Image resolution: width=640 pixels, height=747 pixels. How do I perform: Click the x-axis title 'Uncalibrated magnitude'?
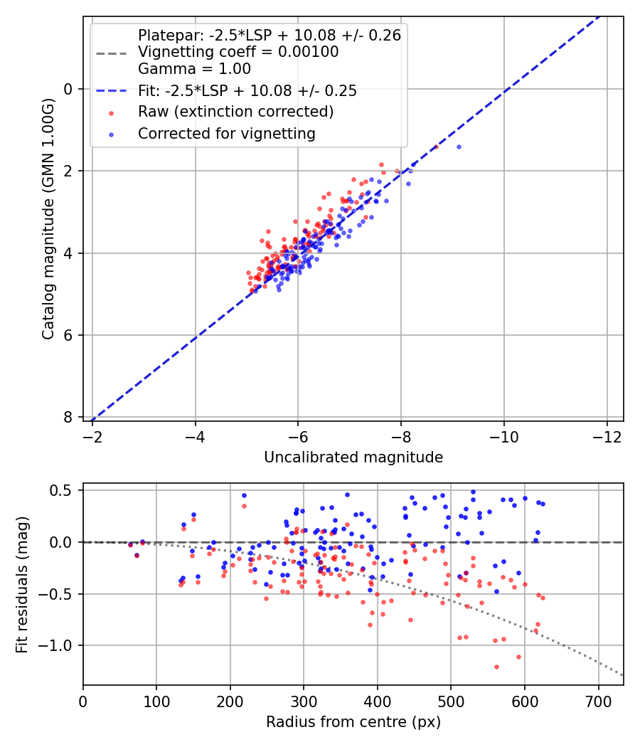coord(353,457)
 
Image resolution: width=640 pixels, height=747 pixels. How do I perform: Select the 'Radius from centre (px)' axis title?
coord(353,722)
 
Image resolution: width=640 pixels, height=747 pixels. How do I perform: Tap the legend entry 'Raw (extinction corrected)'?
coord(235,112)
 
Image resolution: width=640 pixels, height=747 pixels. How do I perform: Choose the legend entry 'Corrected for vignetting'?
coord(227,133)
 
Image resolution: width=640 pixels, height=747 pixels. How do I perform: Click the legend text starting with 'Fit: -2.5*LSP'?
coord(247,90)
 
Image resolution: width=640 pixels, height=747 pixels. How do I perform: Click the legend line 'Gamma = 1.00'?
coord(194,69)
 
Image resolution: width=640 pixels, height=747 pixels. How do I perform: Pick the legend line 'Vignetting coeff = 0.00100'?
coord(238,52)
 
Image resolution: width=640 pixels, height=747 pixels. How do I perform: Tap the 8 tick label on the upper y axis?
coord(69,417)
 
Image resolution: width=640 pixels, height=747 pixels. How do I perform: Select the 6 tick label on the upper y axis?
coord(69,335)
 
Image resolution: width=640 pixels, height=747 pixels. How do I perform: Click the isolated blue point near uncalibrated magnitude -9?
coord(459,147)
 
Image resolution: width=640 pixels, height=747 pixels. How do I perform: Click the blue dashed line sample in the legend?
coord(111,90)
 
